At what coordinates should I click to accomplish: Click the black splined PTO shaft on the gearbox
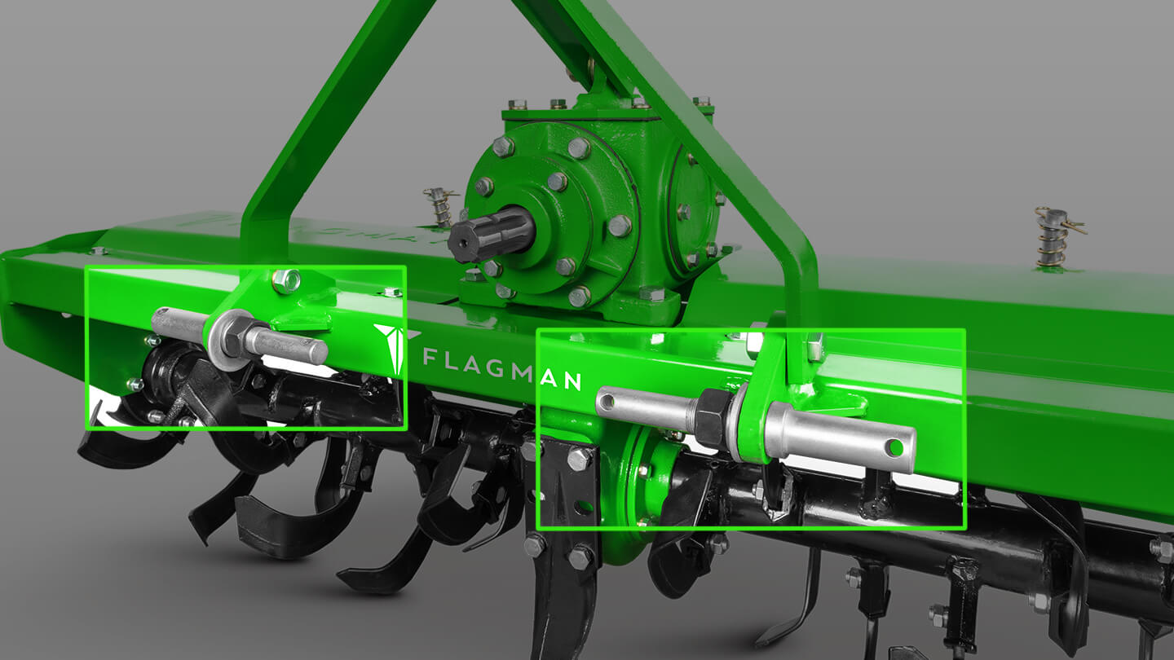pyautogui.click(x=490, y=235)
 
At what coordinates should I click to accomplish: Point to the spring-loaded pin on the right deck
pyautogui.click(x=1053, y=237)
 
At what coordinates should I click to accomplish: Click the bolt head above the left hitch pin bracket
pyautogui.click(x=286, y=280)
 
